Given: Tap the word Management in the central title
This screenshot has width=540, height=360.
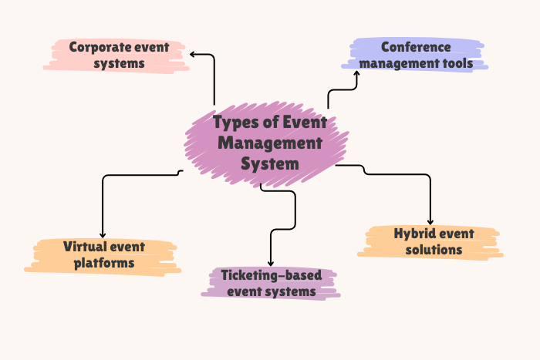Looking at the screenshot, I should point(269,143).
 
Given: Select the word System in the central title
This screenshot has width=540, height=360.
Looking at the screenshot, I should point(269,164).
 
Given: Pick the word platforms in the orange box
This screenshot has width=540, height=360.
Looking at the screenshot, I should point(104,264).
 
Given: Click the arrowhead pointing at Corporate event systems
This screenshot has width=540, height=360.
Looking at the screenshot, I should point(192,54).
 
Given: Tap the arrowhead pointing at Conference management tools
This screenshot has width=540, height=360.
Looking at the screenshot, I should point(357,73).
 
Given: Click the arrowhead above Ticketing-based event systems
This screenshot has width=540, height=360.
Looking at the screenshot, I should point(271,264).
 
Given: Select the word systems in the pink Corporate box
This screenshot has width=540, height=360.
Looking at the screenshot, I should point(120,64).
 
